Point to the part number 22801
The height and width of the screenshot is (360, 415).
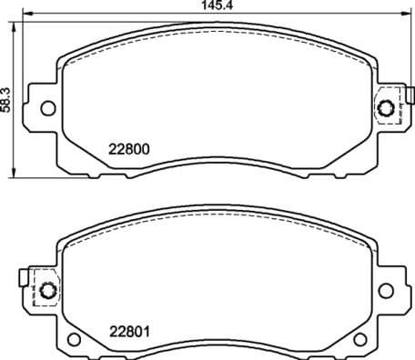click(x=129, y=331)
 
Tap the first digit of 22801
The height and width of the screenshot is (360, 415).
click(x=114, y=331)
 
